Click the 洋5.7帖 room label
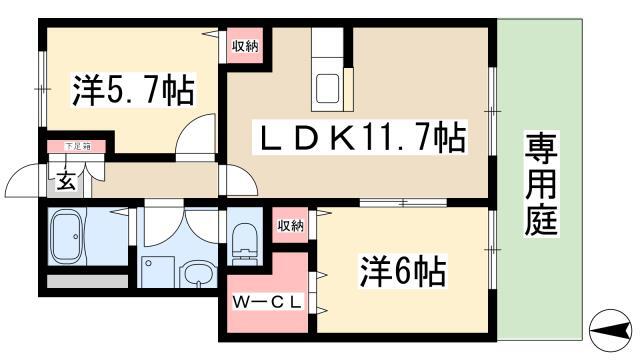pyautogui.click(x=133, y=90)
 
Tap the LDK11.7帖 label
pyautogui.click(x=360, y=137)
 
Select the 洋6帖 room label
pyautogui.click(x=403, y=271)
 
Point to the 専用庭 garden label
pyautogui.click(x=541, y=184)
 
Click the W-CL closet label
pyautogui.click(x=267, y=302)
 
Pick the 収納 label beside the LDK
pyautogui.click(x=245, y=46)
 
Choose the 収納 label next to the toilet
pyautogui.click(x=291, y=225)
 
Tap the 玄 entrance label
pyautogui.click(x=66, y=180)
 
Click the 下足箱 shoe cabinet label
pyautogui.click(x=77, y=146)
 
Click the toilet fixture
pyautogui.click(x=245, y=244)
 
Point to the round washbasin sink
pyautogui.click(x=198, y=274)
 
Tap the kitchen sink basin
pyautogui.click(x=327, y=89)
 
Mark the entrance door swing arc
pyautogui.click(x=22, y=176)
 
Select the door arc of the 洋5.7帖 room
pyautogui.click(x=193, y=133)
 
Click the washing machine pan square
pyautogui.click(x=158, y=272)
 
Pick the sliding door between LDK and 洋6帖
pyautogui.click(x=403, y=202)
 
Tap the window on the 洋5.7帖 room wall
pyautogui.click(x=42, y=89)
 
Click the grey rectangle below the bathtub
pyautogui.click(x=88, y=281)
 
